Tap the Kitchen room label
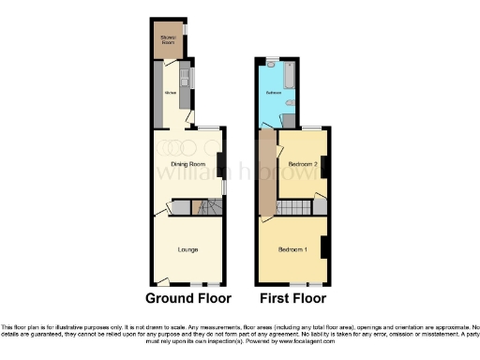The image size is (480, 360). pyautogui.click(x=172, y=93)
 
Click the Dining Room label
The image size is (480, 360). pyautogui.click(x=188, y=164)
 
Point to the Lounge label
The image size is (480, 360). pyautogui.click(x=187, y=249)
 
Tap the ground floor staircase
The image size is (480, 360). pyautogui.click(x=204, y=207)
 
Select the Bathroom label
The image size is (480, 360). pyautogui.click(x=274, y=94)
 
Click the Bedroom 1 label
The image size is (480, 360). pyautogui.click(x=292, y=249)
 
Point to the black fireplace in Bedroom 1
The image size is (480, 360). pyautogui.click(x=323, y=247)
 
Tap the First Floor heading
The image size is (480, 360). pyautogui.click(x=292, y=299)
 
